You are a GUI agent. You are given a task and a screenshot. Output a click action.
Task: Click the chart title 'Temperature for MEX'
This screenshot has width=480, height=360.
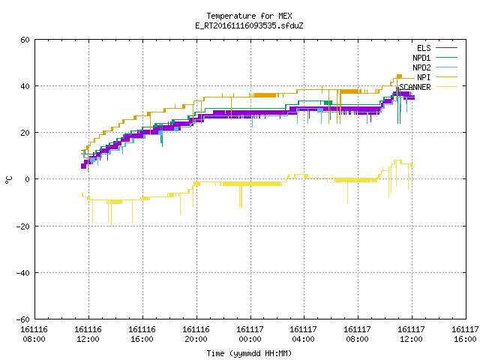[x=249, y=16]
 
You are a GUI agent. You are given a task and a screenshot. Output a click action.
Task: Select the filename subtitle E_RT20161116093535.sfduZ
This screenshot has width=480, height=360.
[x=249, y=25]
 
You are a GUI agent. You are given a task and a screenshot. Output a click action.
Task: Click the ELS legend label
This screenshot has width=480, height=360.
[x=424, y=48]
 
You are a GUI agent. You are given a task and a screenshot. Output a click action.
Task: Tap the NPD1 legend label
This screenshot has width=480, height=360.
[x=421, y=58]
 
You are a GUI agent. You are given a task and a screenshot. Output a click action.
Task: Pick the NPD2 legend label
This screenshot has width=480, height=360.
[x=421, y=67]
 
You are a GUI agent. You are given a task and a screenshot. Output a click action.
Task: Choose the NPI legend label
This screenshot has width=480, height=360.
[x=424, y=77]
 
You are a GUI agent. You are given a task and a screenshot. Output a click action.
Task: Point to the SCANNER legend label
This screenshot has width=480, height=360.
[x=415, y=87]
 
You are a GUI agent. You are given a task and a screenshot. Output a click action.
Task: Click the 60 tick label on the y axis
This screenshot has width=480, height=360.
[x=25, y=40]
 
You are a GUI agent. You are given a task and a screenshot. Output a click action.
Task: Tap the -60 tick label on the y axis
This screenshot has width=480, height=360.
[x=23, y=319]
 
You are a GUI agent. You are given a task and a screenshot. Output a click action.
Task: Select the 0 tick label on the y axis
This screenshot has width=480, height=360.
[x=28, y=179]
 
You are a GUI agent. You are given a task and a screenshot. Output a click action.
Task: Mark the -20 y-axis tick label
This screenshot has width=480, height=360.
[x=23, y=226]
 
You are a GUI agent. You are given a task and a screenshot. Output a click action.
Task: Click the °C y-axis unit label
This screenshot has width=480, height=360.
[x=8, y=180]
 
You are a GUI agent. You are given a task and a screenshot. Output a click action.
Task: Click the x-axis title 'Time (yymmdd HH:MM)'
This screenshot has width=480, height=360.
[x=249, y=353]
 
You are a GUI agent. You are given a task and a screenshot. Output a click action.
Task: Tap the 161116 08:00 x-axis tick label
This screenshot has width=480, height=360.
[x=34, y=334]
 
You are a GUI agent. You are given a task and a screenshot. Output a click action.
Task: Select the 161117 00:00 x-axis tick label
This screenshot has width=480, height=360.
[x=250, y=334]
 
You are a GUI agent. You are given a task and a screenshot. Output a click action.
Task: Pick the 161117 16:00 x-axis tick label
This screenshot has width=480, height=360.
[x=465, y=334]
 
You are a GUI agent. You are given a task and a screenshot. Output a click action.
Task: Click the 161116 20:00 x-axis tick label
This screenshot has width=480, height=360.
[x=196, y=334]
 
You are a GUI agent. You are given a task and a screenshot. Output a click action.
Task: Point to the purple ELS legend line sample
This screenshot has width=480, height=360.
[x=446, y=48]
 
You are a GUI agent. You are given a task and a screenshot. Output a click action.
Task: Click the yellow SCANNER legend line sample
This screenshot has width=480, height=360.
[x=446, y=87]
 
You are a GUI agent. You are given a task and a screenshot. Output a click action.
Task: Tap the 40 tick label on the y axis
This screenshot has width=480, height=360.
[x=25, y=86]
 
